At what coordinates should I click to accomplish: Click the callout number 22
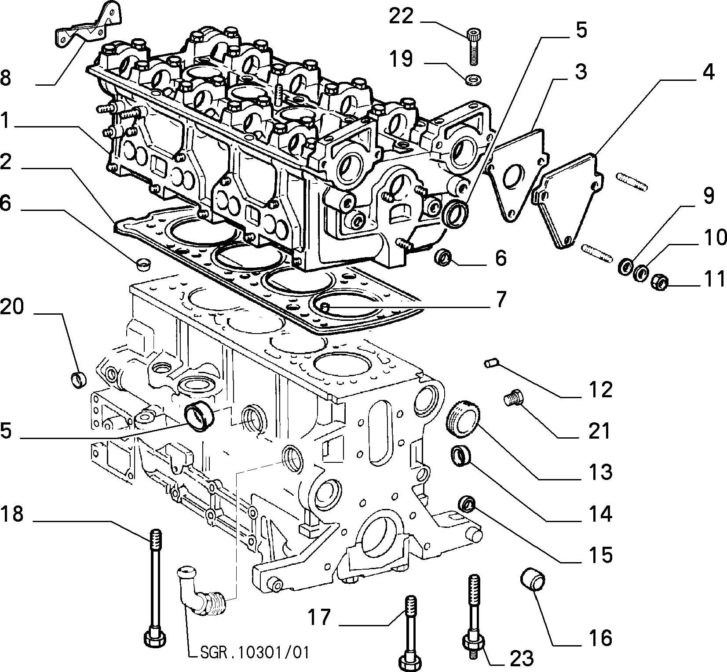402,17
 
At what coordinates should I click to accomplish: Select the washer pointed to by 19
473,80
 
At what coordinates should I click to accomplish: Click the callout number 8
6,79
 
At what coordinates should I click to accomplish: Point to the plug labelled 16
533,581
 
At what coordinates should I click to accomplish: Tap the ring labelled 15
468,504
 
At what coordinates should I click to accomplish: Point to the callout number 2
6,162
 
